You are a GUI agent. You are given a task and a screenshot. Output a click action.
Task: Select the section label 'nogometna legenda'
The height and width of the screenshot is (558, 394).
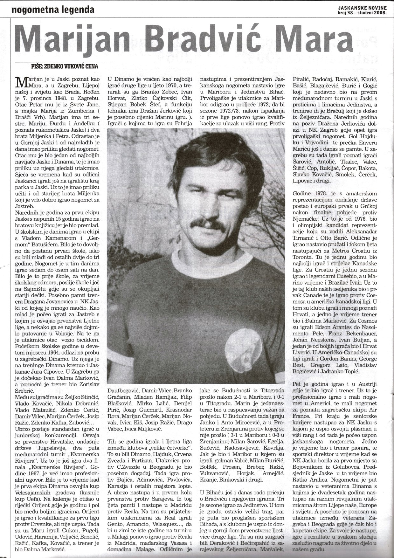point(53,10)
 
